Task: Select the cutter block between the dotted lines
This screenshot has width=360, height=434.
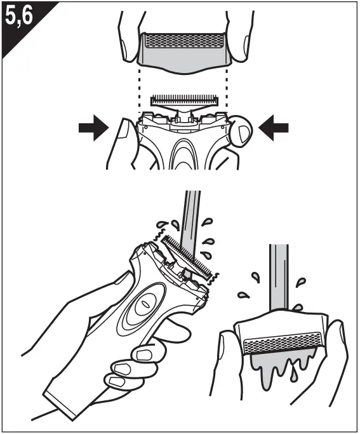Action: [183, 100]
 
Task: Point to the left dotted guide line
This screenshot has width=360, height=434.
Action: [138, 92]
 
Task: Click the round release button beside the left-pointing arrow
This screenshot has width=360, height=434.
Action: [243, 131]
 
